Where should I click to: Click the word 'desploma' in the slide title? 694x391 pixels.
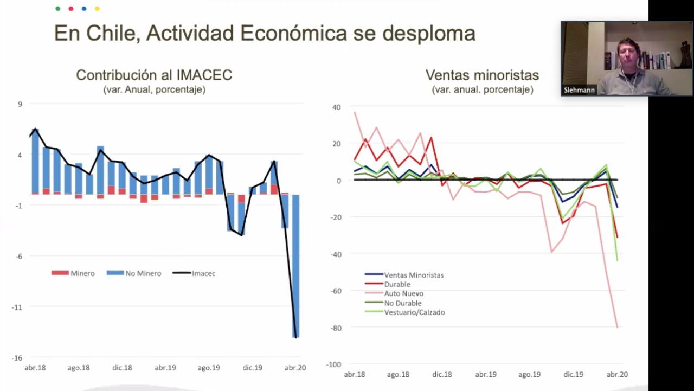(x=429, y=34)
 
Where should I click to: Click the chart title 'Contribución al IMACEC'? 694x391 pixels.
(x=154, y=75)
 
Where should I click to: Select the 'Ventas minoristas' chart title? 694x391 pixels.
(x=482, y=75)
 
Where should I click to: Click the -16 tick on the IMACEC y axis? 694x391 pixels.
(x=17, y=358)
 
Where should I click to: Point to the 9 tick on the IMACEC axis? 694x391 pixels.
(x=20, y=104)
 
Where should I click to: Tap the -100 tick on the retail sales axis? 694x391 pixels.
(x=333, y=364)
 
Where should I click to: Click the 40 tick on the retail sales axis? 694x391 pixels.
(x=337, y=107)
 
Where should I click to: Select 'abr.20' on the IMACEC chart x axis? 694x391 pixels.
(x=295, y=368)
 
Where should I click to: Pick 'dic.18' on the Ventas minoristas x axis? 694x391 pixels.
(x=442, y=374)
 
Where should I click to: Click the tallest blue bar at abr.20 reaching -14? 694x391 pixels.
(x=296, y=266)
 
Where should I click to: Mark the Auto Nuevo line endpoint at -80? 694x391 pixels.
(x=617, y=327)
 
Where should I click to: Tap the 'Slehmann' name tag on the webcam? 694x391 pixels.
(x=579, y=91)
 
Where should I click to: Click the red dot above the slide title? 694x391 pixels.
(x=71, y=9)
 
